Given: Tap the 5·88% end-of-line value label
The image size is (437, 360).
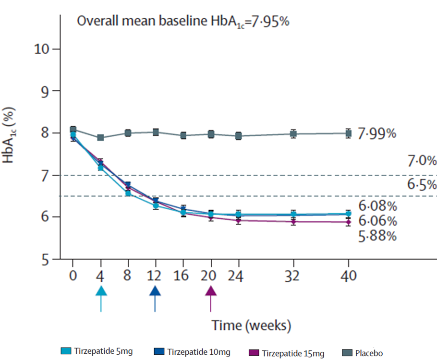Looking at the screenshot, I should pyautogui.click(x=377, y=236).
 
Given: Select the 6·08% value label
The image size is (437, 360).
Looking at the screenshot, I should pyautogui.click(x=377, y=206).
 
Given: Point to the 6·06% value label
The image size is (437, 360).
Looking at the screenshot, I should pyautogui.click(x=377, y=221).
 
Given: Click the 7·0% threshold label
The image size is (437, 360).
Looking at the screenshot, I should pyautogui.click(x=415, y=161).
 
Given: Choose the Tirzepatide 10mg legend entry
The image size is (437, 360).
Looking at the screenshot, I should pyautogui.click(x=193, y=352).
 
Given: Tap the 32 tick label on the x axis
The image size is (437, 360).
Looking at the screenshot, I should pyautogui.click(x=292, y=276).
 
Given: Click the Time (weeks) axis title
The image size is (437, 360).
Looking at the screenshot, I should pyautogui.click(x=252, y=326).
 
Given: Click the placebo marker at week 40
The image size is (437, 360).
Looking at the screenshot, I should pyautogui.click(x=349, y=133).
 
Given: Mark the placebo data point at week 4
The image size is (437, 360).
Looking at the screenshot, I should pyautogui.click(x=101, y=137).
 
